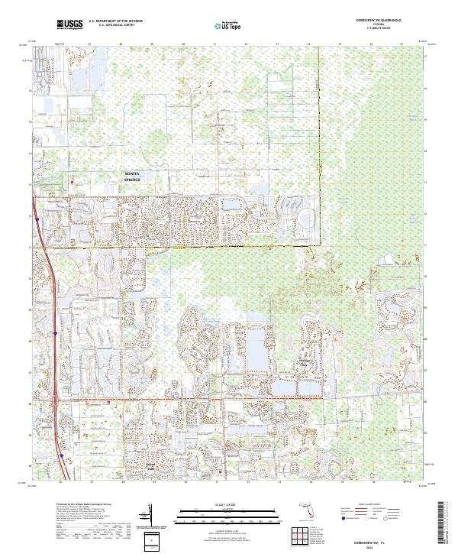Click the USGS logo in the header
(69, 25)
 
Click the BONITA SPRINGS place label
(133, 177)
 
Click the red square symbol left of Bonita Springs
(73, 182)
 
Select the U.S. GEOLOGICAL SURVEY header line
(114, 26)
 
